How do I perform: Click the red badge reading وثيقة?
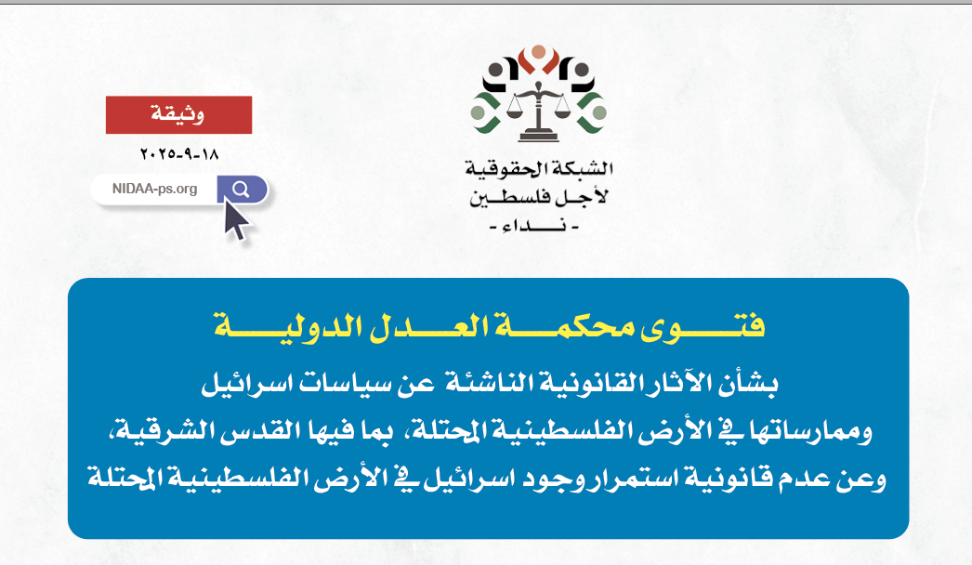178,115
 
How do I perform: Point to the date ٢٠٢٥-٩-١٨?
178,152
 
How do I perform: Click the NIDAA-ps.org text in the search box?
154,190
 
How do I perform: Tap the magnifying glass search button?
241,190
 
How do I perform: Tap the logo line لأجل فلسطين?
539,197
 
